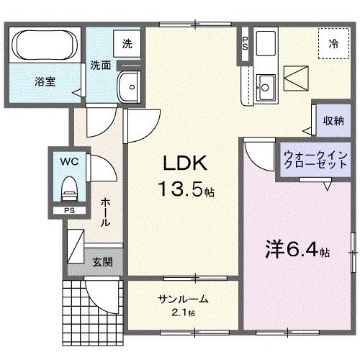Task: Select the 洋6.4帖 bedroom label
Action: point(295,252)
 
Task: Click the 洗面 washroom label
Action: point(100,66)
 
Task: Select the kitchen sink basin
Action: point(264,86)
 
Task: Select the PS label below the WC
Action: point(68,211)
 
